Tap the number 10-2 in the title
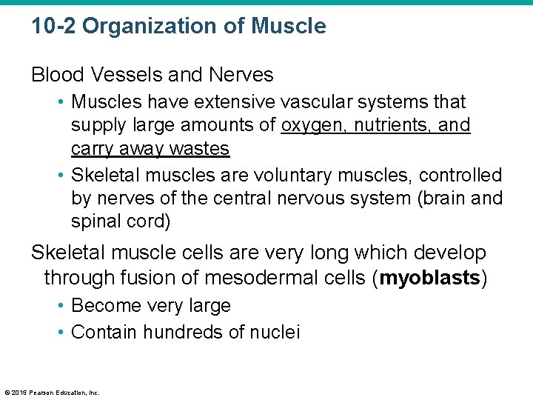click(53, 27)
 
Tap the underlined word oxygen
click(312, 125)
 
